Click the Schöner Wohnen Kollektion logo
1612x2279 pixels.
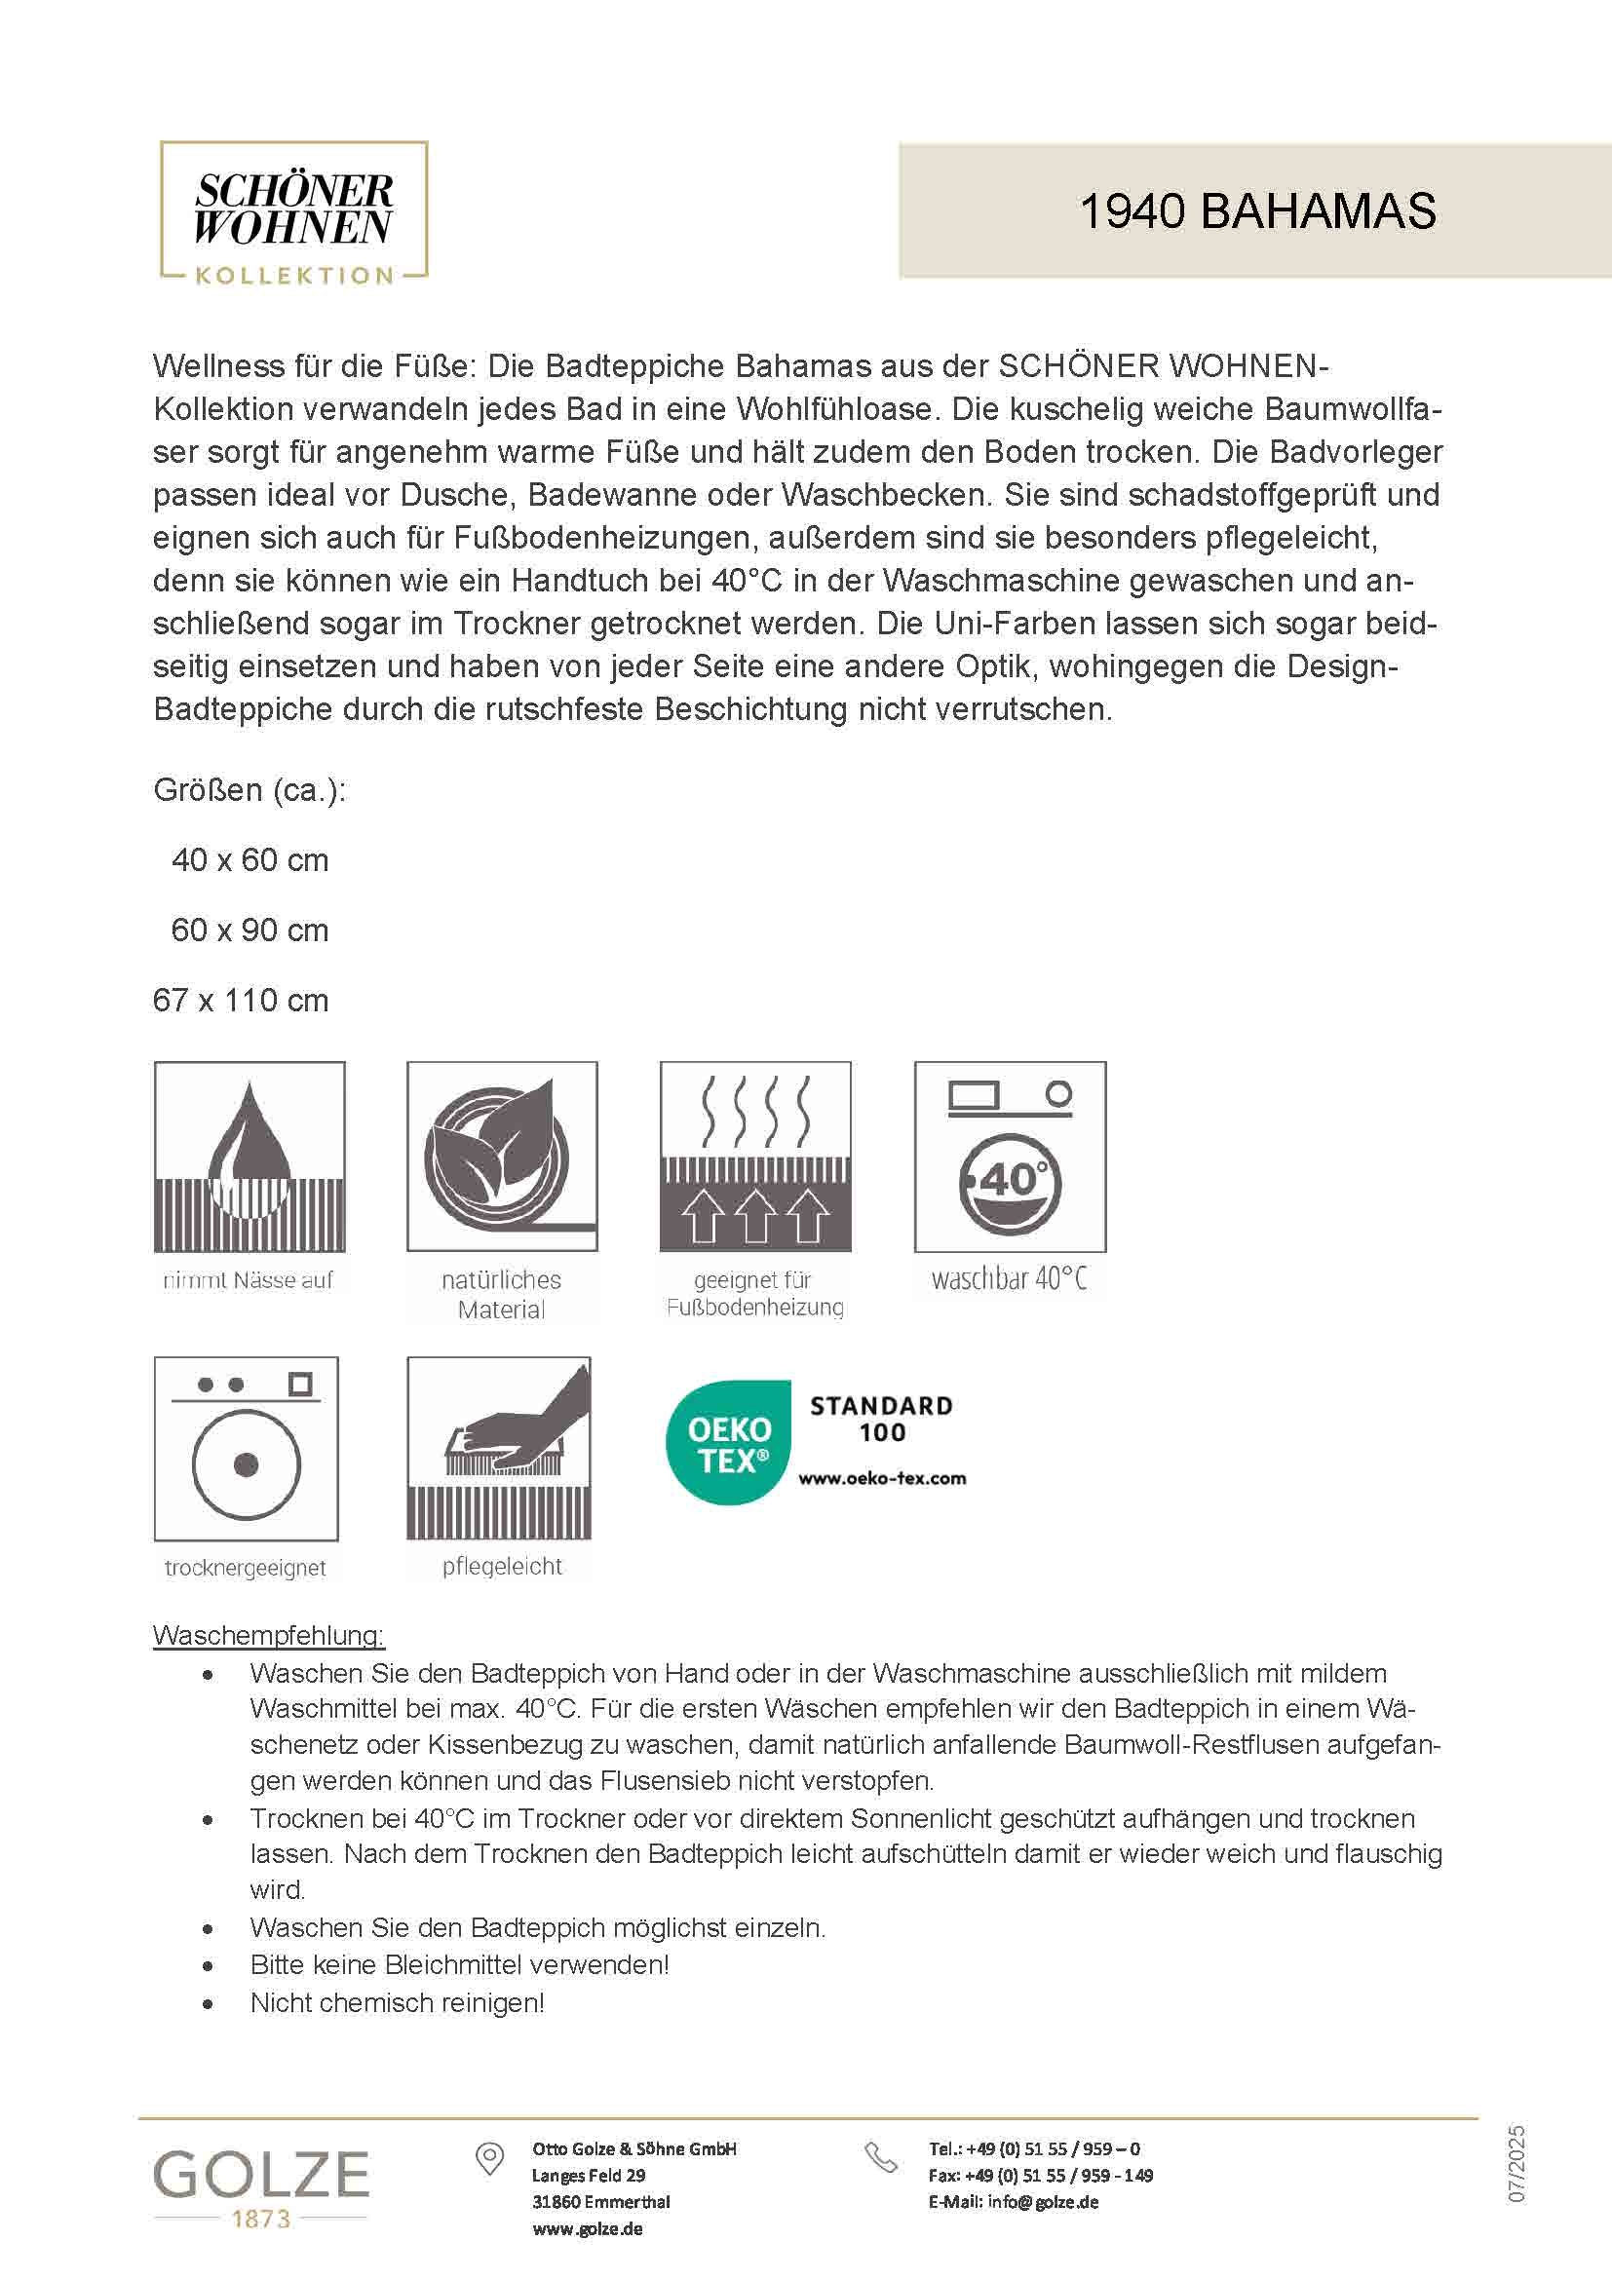293,213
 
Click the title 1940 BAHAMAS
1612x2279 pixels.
1256,211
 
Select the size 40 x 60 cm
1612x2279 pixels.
249,859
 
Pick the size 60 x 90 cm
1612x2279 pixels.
249,931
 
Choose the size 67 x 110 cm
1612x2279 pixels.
240,1000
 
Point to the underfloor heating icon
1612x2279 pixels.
755,1157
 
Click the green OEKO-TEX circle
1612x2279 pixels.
729,1443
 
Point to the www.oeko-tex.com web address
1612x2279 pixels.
881,1478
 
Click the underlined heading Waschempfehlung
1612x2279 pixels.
268,1635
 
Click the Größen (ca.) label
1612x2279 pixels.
249,790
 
